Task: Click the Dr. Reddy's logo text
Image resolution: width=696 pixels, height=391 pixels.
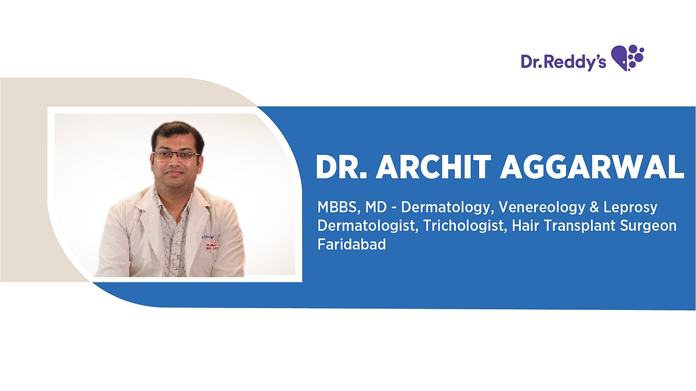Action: coord(563,61)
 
